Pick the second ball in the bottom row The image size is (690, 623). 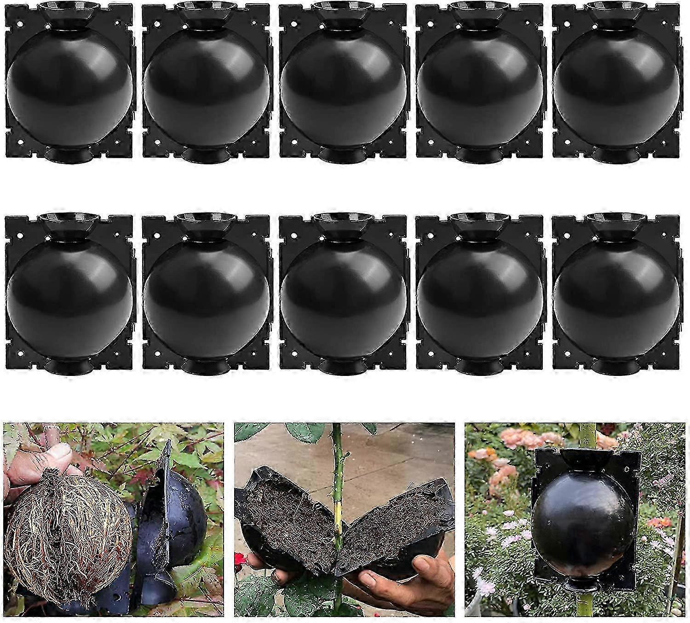click(x=206, y=297)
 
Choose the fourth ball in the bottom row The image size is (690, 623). click(x=479, y=297)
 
